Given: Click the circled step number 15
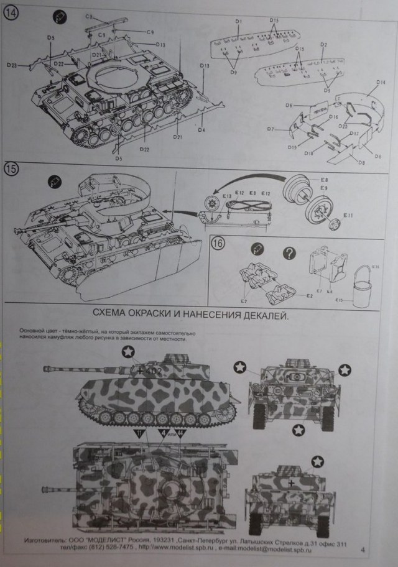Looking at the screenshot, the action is [x=12, y=168].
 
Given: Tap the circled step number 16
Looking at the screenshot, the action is [x=218, y=243].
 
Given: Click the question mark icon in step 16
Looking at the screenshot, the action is [x=288, y=253].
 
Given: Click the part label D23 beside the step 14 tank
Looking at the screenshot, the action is [x=12, y=64].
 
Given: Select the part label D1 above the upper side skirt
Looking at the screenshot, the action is [x=239, y=22].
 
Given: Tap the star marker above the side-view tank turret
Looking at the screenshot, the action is [x=127, y=353].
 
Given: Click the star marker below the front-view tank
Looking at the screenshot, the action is [x=299, y=429].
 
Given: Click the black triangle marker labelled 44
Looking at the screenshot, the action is [x=181, y=433].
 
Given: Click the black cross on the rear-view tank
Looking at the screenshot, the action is [x=290, y=482].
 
